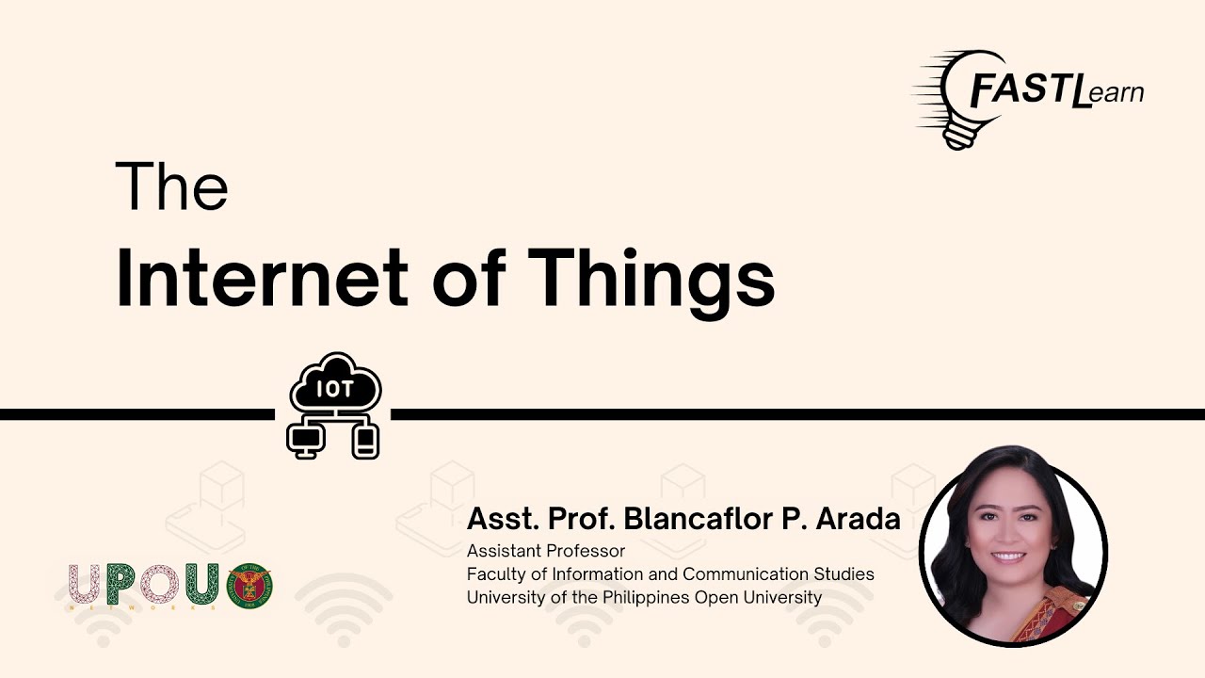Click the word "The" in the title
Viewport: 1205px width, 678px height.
(x=171, y=186)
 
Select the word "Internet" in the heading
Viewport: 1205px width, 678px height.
(x=262, y=278)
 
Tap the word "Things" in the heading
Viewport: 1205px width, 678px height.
(x=651, y=283)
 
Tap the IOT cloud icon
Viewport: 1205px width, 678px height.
(x=336, y=382)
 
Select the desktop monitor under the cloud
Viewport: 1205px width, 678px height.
(x=306, y=440)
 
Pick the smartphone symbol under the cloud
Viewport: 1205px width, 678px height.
(x=365, y=442)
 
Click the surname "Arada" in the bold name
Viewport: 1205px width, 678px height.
(x=858, y=519)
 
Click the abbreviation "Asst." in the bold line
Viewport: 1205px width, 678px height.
(x=503, y=519)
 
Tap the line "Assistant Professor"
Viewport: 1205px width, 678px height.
(x=545, y=551)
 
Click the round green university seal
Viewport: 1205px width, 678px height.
(x=249, y=586)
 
